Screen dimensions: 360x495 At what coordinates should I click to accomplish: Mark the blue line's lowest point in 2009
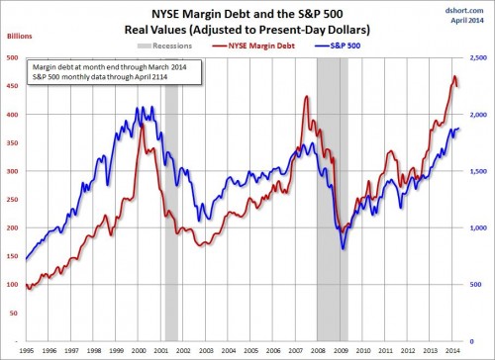[x=343, y=249]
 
